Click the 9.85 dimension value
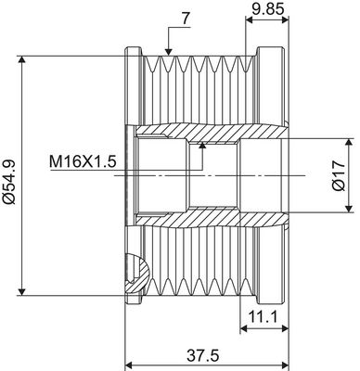268,9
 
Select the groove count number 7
185,19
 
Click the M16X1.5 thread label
83,161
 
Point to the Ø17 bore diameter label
339,176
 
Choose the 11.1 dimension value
264,316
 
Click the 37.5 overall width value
203,356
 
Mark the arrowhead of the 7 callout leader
168,52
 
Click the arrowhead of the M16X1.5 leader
202,145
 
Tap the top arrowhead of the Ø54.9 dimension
21,59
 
